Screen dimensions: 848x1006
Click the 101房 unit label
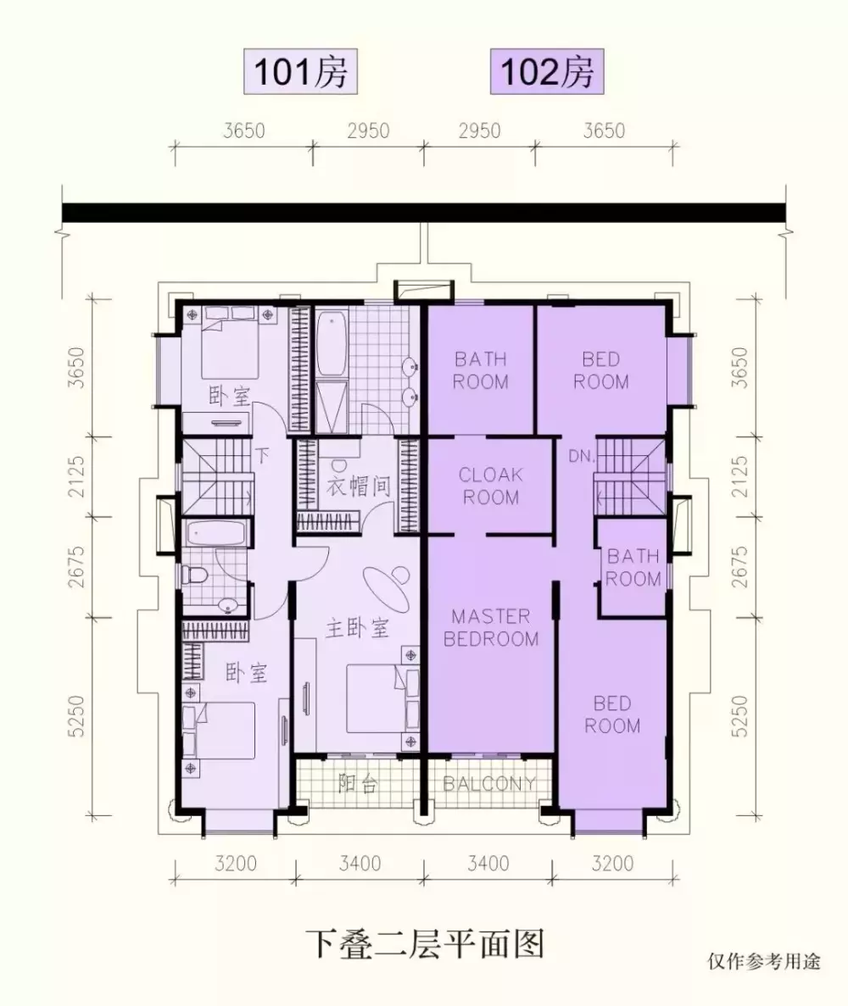[x=300, y=72]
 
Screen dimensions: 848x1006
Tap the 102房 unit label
[x=547, y=72]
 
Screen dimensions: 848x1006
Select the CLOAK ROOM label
[x=490, y=486]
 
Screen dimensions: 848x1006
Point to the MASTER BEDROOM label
[x=490, y=627]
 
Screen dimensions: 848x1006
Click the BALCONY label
[x=489, y=783]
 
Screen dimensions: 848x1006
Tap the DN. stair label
[x=582, y=456]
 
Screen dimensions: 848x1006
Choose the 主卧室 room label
[x=357, y=627]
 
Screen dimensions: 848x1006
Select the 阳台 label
[x=357, y=783]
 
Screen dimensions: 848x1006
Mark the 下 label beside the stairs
[x=262, y=455]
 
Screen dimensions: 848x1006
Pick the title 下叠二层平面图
[x=425, y=944]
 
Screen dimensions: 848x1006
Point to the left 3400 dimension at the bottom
[x=360, y=864]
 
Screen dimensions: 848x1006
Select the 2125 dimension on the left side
[x=76, y=476]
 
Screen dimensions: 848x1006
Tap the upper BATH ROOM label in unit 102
[x=480, y=370]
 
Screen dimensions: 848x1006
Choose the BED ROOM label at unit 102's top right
[x=601, y=370]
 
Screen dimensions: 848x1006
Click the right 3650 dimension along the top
[x=604, y=131]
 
